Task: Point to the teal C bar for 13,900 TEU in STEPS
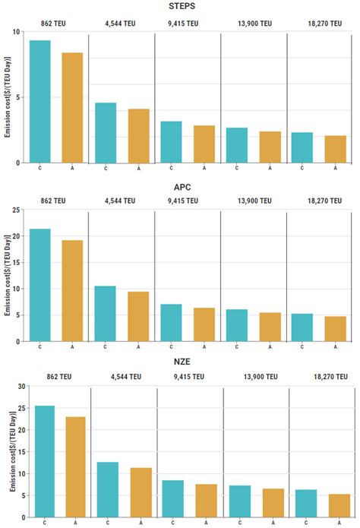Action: tap(237, 145)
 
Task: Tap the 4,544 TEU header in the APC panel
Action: tap(120, 201)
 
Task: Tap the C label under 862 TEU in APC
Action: tap(39, 347)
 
